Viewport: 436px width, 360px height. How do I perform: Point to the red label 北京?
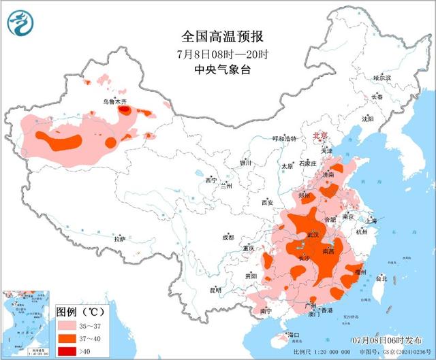(x=320, y=136)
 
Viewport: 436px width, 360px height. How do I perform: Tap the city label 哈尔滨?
(x=382, y=79)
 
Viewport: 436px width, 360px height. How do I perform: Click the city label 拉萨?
(x=120, y=239)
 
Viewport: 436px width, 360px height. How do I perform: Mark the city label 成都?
(x=227, y=238)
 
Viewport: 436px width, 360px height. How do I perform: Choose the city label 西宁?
(x=211, y=180)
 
